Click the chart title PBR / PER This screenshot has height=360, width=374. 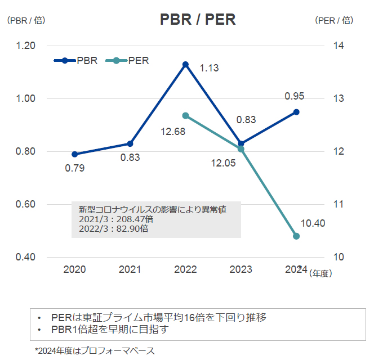[197, 20]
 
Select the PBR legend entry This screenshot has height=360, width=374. [76, 60]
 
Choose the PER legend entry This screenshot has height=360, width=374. [129, 60]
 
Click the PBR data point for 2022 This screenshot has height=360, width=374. [185, 65]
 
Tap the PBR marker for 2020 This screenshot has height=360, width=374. [75, 154]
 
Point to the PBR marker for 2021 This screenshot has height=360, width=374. [130, 143]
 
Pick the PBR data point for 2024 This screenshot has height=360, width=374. [296, 112]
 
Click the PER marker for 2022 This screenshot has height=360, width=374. [185, 116]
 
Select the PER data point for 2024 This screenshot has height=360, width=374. [296, 236]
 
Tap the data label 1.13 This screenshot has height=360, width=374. [209, 68]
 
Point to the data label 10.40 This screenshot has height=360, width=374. [313, 223]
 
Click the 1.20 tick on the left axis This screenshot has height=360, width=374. [25, 46]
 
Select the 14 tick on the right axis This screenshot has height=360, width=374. [339, 46]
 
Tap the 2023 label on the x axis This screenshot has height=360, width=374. [241, 270]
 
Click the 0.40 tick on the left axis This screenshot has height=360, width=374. [25, 257]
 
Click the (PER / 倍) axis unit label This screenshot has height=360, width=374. [334, 20]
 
